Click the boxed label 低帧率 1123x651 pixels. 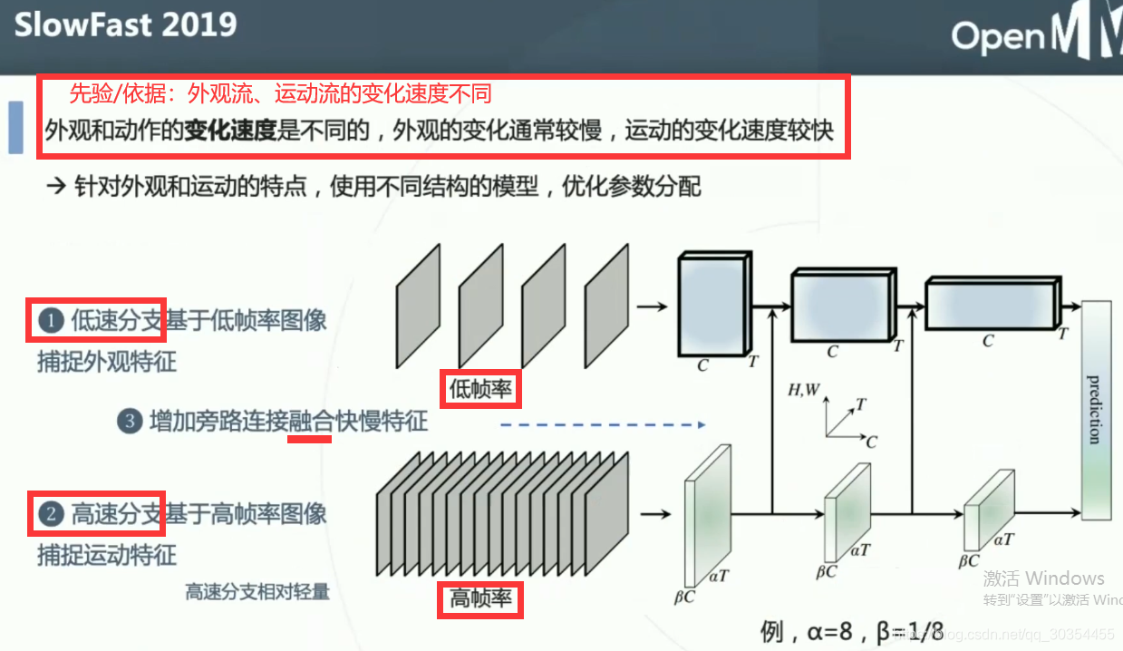[x=480, y=389]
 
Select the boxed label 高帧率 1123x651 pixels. [x=480, y=599]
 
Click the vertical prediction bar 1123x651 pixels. [x=1096, y=411]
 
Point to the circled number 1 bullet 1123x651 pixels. [x=51, y=320]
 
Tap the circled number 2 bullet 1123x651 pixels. [x=51, y=515]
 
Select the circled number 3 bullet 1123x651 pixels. [x=131, y=422]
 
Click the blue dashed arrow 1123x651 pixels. [x=603, y=423]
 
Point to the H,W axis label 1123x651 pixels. [x=804, y=391]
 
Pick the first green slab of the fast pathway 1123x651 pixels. [x=707, y=515]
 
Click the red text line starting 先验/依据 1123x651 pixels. [x=280, y=93]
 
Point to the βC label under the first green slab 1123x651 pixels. [x=684, y=597]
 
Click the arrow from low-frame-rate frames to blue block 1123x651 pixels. [x=652, y=306]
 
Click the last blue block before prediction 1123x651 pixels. [x=991, y=303]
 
